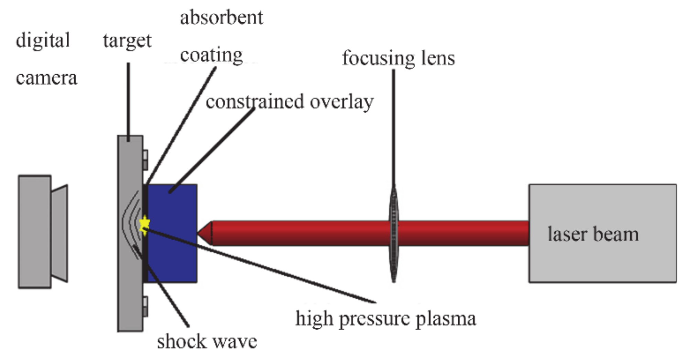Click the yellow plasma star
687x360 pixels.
tap(145, 225)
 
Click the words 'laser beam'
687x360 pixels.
tap(593, 234)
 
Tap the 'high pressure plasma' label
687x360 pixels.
tap(385, 318)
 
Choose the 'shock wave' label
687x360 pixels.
tap(207, 341)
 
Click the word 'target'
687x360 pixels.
tap(127, 41)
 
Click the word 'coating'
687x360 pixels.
tap(211, 55)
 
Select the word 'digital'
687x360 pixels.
tap(43, 40)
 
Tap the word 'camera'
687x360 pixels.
tap(46, 78)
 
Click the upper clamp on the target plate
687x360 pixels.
tap(145, 160)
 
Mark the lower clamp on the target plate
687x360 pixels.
tap(145, 306)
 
